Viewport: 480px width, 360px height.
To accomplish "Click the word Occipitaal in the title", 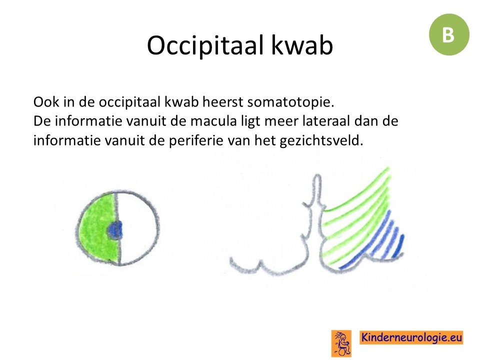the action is (205, 45).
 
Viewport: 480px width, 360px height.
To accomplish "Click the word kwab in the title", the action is (302, 45).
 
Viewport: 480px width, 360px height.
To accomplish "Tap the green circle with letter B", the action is (449, 34).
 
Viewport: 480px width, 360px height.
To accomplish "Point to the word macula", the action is (213, 121).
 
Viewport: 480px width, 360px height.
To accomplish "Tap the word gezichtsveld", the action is (321, 141).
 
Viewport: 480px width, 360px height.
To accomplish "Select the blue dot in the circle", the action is (115, 230).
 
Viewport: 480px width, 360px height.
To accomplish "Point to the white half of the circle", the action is (138, 228).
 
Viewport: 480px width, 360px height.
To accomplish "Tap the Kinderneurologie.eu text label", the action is (411, 337).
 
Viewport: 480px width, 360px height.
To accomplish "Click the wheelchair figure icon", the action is (341, 343).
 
